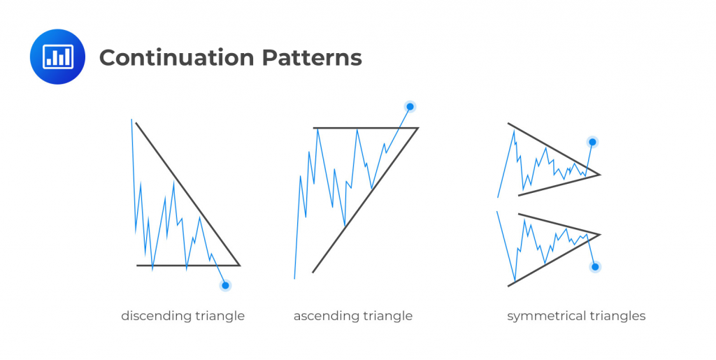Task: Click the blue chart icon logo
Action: point(57,57)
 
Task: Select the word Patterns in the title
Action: point(312,57)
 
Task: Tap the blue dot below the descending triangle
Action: point(225,285)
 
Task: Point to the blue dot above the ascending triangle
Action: point(410,107)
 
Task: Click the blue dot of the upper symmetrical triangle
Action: point(592,143)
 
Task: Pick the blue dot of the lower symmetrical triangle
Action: point(595,266)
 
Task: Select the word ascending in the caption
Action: point(326,316)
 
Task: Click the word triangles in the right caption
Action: point(617,316)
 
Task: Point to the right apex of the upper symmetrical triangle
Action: point(600,174)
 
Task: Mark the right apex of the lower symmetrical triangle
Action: point(600,234)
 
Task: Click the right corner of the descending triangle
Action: point(239,265)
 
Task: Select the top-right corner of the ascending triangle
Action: point(417,128)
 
